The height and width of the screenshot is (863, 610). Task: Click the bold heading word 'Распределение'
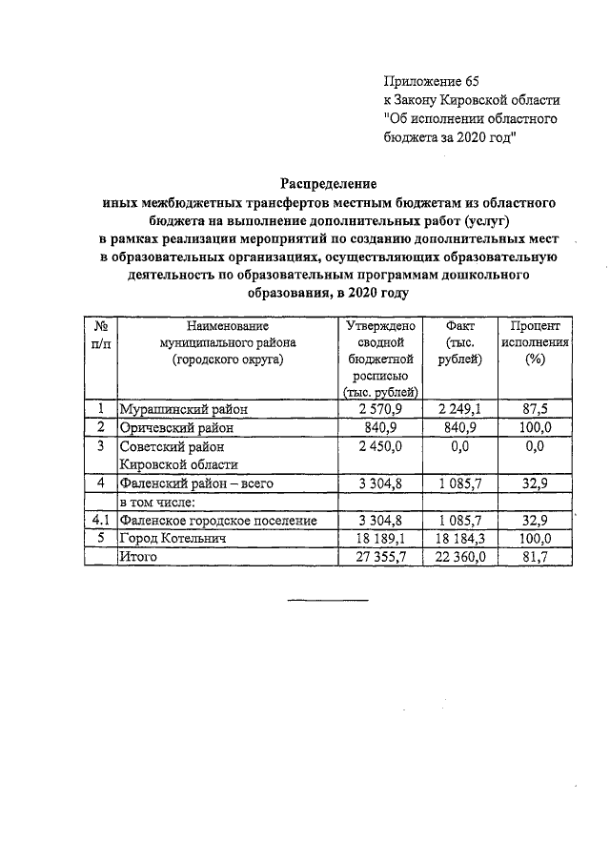(329, 182)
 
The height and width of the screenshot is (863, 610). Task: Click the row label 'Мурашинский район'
(182, 410)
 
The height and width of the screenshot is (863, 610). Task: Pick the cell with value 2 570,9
(380, 410)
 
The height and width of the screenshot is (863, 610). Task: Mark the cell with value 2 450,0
(380, 446)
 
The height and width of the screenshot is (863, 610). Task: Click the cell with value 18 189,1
(380, 539)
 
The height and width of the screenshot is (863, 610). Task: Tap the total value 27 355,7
(380, 557)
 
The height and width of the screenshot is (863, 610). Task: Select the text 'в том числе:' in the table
(156, 503)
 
